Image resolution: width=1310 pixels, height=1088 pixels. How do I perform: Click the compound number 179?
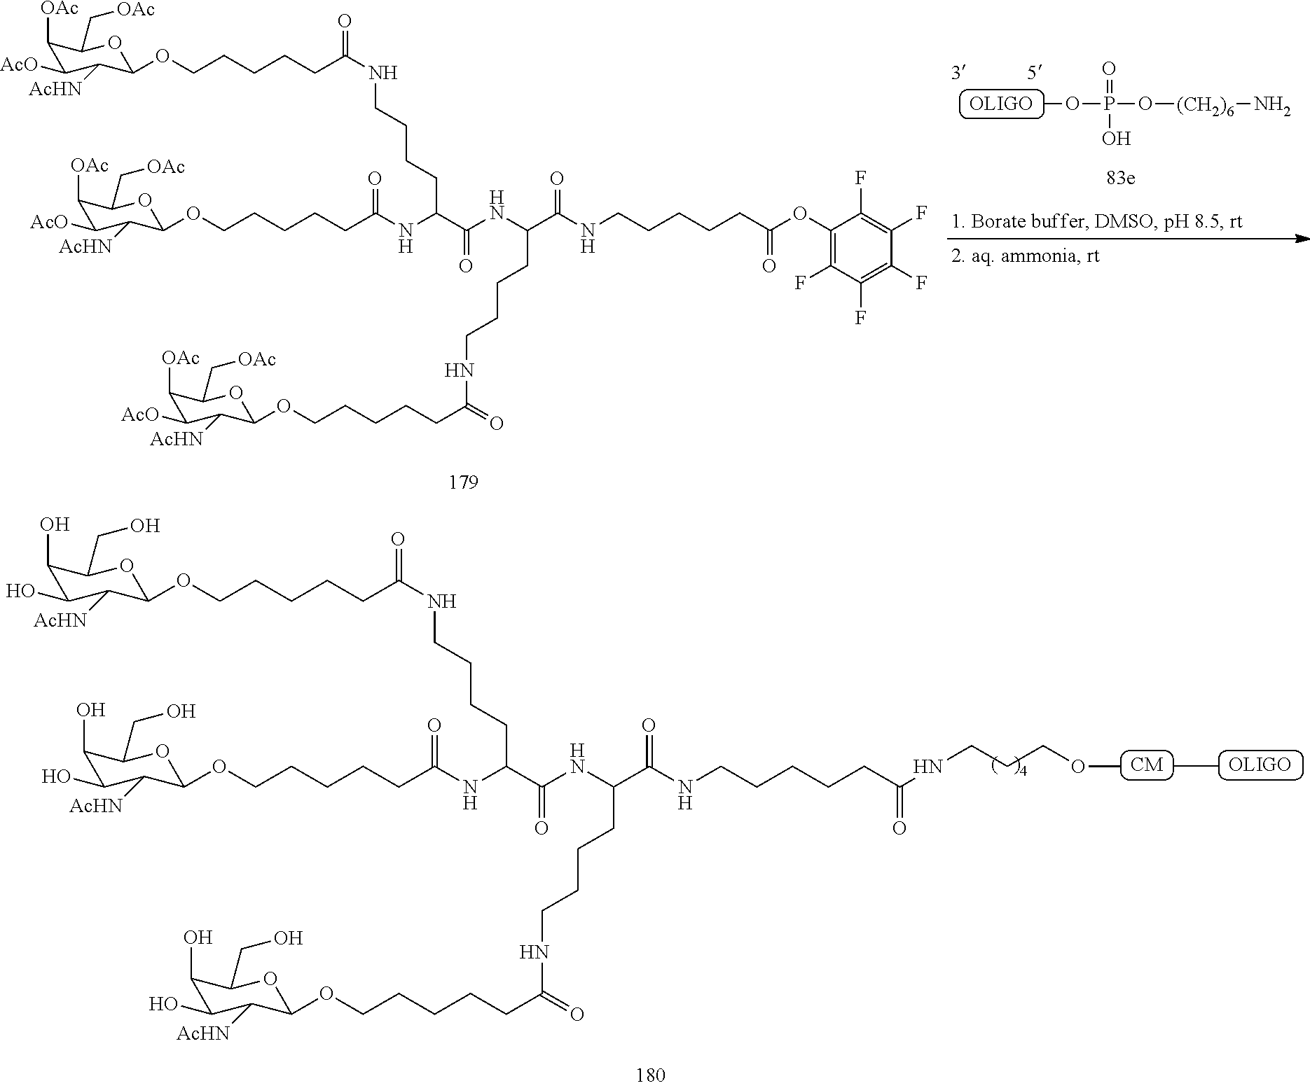(x=463, y=482)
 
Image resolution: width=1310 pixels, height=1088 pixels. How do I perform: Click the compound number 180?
(x=650, y=1075)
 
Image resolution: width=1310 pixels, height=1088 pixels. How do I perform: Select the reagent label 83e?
(x=1120, y=178)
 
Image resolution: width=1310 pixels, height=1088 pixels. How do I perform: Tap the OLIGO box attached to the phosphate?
(x=1000, y=104)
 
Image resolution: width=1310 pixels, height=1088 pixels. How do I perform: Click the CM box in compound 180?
(x=1147, y=765)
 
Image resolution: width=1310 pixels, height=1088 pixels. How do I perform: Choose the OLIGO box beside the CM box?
(x=1260, y=765)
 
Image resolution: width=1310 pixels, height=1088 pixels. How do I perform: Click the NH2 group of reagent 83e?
(x=1272, y=105)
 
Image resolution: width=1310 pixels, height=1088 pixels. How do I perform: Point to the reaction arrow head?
(x=1302, y=239)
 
